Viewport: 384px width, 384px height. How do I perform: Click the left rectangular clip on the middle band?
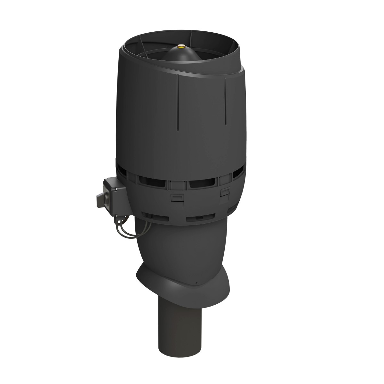[175, 198]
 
